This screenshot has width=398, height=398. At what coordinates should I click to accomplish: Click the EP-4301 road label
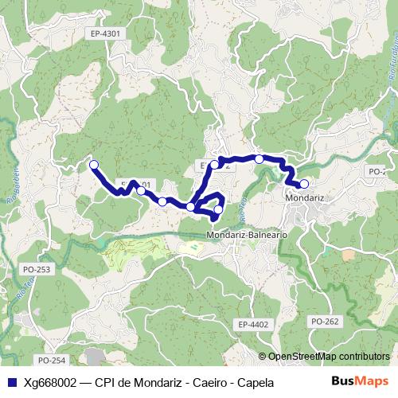pos(105,33)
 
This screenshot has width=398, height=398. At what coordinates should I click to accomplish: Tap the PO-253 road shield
pos(37,269)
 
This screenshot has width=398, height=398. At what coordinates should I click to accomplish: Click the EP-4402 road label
pos(253,324)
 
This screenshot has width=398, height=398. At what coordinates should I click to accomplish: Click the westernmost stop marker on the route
pos(94,165)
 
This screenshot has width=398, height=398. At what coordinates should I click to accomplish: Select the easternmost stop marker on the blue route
pos(304,184)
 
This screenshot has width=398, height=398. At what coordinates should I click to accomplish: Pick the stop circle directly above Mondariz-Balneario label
pos(218,209)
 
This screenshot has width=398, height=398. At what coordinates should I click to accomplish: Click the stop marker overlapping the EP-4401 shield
pos(141,190)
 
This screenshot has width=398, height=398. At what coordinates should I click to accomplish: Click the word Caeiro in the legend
pos(211,382)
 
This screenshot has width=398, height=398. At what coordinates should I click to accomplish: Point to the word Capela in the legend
pos(255,382)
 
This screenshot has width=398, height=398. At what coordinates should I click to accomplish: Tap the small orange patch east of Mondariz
pos(348,256)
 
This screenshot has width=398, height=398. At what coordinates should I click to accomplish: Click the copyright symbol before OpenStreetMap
pos(263,356)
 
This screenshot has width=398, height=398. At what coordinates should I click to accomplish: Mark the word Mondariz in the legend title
pos(158,382)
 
